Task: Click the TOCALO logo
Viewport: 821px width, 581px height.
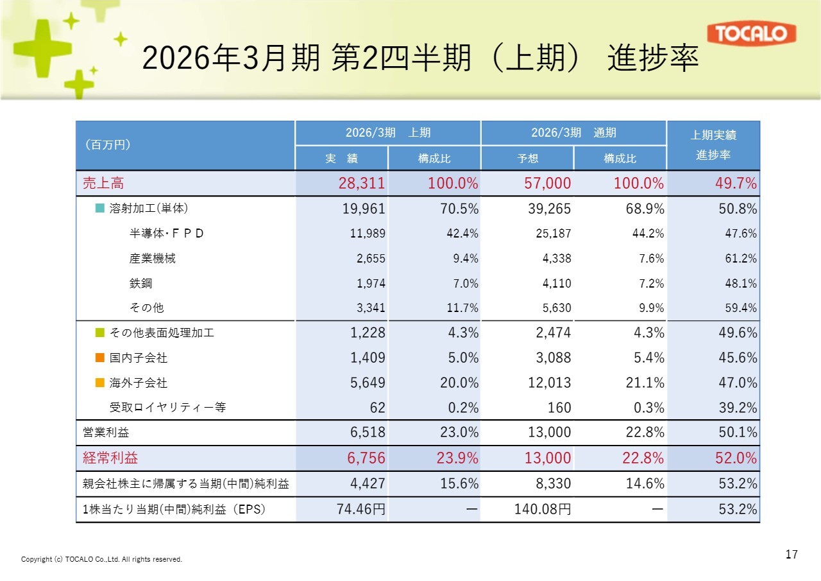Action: pyautogui.click(x=751, y=34)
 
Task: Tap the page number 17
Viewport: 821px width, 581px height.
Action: pyautogui.click(x=791, y=554)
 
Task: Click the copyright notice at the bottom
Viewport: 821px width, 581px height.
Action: pyautogui.click(x=102, y=559)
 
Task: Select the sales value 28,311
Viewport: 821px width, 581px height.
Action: pyautogui.click(x=362, y=184)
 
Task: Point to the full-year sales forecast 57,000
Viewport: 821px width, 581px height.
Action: pyautogui.click(x=547, y=184)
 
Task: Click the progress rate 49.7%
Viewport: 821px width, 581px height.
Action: pyautogui.click(x=736, y=184)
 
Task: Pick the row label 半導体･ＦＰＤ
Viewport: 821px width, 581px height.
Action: pyautogui.click(x=167, y=234)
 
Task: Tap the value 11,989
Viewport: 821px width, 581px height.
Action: pyautogui.click(x=368, y=234)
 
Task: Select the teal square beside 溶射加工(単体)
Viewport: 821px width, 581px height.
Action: pyautogui.click(x=99, y=209)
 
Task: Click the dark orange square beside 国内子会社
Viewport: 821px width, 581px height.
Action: pyautogui.click(x=99, y=358)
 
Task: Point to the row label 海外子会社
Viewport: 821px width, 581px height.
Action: pyautogui.click(x=139, y=383)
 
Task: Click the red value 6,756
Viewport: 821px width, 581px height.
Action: pyautogui.click(x=364, y=458)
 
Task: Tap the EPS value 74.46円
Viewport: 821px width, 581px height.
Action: pyautogui.click(x=361, y=510)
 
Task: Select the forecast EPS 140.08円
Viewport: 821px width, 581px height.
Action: pyautogui.click(x=543, y=510)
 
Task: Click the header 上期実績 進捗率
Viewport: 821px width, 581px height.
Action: pyautogui.click(x=713, y=146)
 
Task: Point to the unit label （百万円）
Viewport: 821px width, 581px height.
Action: pyautogui.click(x=108, y=145)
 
